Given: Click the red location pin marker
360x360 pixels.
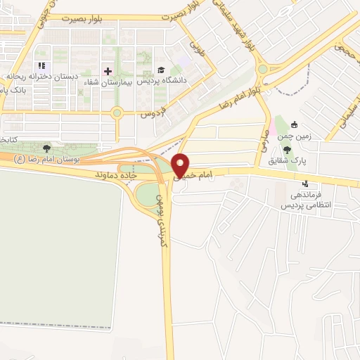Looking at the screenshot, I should [x=181, y=165].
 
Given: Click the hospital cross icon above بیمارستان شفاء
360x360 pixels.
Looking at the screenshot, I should [x=108, y=71].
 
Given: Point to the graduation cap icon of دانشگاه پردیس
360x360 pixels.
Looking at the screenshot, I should [x=161, y=70].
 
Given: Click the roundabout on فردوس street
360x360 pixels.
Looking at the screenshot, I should [x=117, y=112].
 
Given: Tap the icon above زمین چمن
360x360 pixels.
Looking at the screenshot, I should [x=294, y=125].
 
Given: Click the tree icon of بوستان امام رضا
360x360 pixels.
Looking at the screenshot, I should [x=46, y=148].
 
